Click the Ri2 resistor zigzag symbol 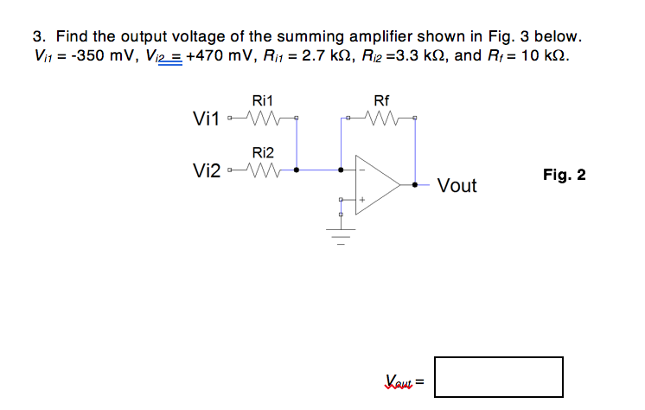click(262, 170)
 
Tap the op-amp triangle click(377, 184)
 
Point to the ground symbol click(342, 233)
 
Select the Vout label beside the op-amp click(457, 186)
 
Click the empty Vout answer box click(498, 377)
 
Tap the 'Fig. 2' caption click(564, 175)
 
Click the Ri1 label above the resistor click(262, 100)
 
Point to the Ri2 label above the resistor click(262, 152)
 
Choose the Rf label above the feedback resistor click(381, 100)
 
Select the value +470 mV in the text click(218, 57)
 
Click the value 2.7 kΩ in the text click(340, 57)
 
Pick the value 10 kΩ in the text click(546, 57)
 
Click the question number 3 click(38, 37)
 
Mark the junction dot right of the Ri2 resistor click(297, 170)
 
